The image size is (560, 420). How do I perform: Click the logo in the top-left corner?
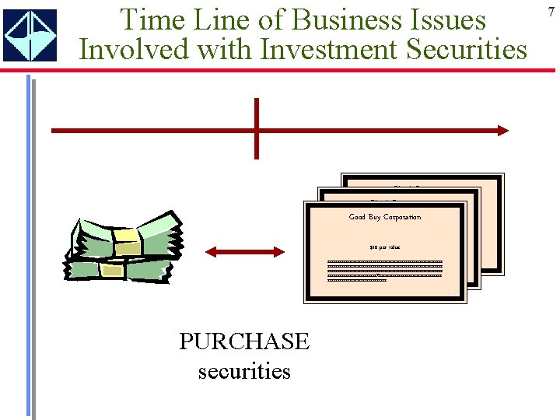(x=30, y=35)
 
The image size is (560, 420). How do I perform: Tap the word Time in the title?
(x=152, y=19)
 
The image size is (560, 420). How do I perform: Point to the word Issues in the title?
(x=449, y=19)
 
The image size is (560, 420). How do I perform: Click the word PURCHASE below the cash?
(x=244, y=341)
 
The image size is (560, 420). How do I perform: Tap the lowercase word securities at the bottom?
(x=244, y=371)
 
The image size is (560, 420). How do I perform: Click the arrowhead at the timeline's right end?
(x=502, y=130)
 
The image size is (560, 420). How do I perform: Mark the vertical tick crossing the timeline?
(x=256, y=128)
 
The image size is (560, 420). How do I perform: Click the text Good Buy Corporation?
(x=384, y=217)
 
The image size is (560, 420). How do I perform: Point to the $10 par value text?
(x=384, y=247)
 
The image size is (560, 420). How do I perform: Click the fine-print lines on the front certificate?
(x=384, y=270)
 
